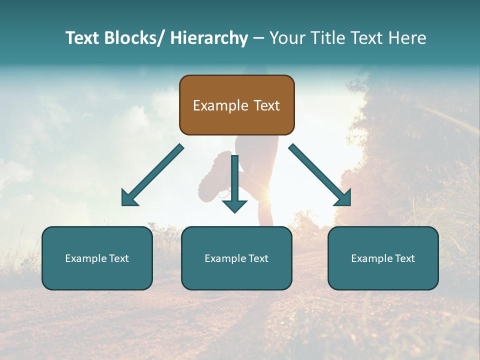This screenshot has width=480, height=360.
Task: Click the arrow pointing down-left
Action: (152, 175)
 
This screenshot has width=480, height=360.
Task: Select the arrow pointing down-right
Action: (320, 175)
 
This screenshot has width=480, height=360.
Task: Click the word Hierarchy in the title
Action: (209, 38)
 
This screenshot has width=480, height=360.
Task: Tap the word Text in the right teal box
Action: (404, 258)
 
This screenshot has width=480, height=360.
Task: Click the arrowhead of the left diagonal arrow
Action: (129, 198)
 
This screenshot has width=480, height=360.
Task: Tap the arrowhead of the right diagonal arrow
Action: (343, 198)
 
